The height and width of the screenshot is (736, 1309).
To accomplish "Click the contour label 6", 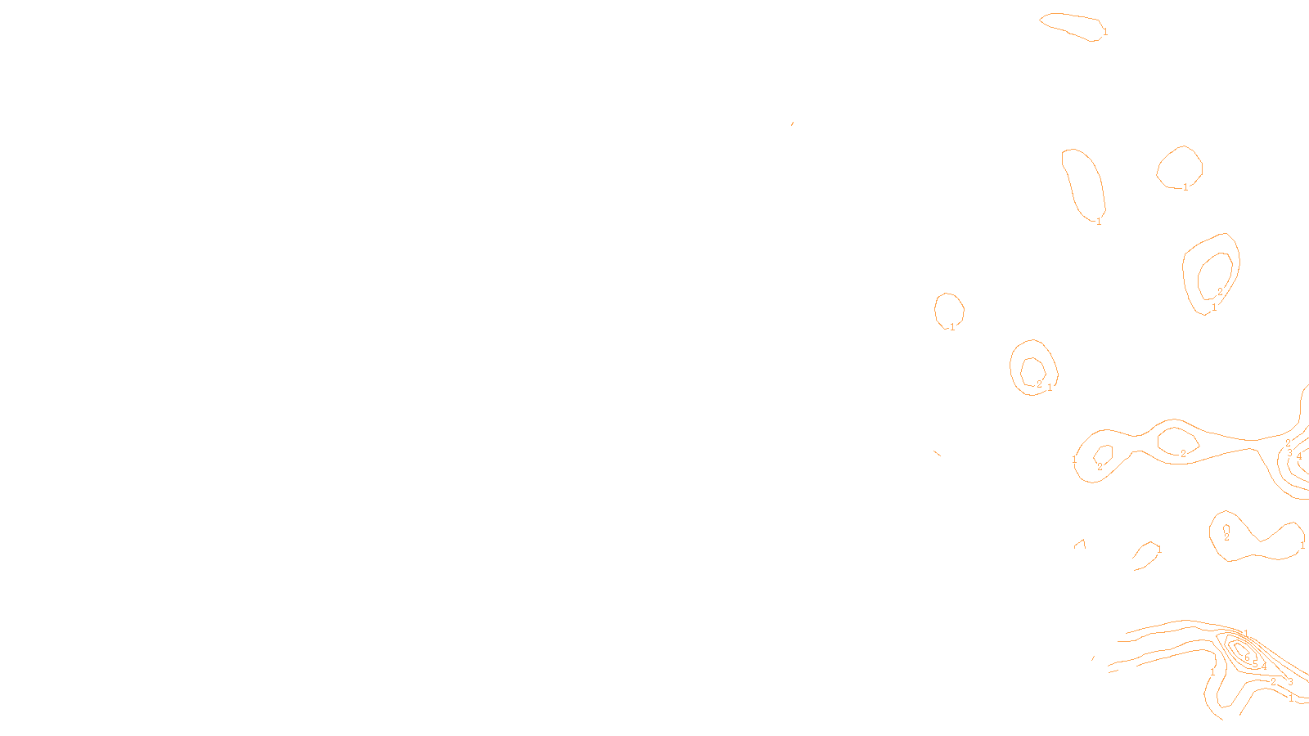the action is (1247, 658).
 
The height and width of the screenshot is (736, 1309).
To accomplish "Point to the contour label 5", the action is (1255, 664).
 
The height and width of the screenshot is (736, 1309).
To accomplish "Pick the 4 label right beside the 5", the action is (1264, 666).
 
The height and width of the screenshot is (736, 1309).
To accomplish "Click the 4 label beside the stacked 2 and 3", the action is (1299, 456).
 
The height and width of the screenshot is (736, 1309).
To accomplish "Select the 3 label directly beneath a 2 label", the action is (1289, 453).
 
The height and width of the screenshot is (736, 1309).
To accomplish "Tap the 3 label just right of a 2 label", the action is (1290, 682).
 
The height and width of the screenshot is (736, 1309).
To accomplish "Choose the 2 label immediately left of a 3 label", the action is (1273, 682).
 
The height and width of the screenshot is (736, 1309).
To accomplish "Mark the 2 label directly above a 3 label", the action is (1288, 443).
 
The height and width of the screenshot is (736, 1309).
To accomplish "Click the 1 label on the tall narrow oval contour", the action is (1099, 222).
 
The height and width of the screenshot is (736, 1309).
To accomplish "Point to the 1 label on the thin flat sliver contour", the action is (1105, 32).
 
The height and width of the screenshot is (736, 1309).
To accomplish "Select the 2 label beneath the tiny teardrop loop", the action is (1226, 537).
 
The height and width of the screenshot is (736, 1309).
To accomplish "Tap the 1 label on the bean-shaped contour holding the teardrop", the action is (1302, 545).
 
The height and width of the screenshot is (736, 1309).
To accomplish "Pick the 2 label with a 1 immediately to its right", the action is (1039, 384).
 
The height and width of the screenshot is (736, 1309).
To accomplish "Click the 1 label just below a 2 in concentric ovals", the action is (1214, 307).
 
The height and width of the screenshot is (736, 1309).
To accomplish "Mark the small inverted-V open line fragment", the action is (1081, 543).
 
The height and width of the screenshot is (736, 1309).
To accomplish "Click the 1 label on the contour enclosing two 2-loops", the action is (1074, 460).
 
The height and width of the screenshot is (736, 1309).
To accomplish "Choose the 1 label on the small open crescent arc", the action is (1159, 550).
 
